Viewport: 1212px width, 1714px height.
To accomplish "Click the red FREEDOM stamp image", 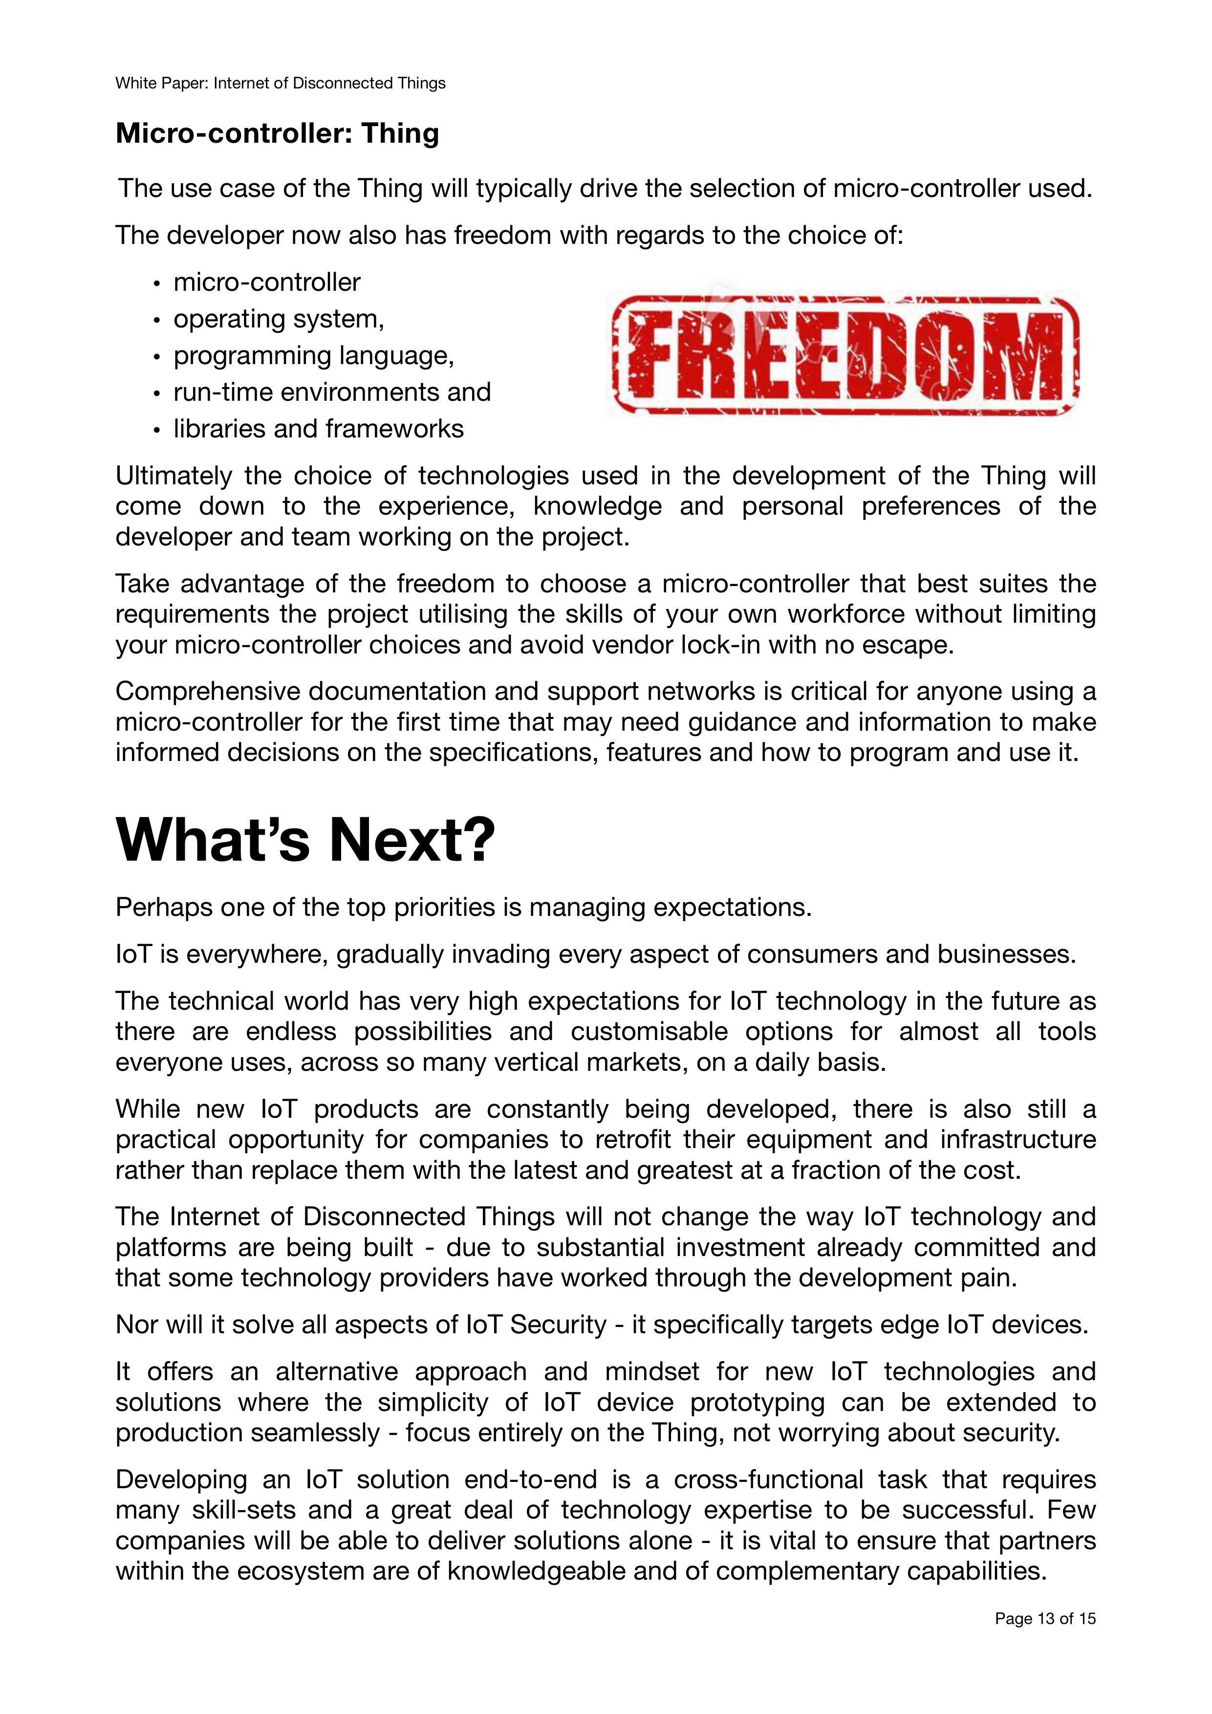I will tap(845, 355).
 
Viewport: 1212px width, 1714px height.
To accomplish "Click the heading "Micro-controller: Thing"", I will tap(277, 133).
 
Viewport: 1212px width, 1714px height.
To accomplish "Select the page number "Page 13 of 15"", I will tap(1045, 1639).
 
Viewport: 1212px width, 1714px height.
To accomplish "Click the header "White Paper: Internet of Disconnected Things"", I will tap(280, 83).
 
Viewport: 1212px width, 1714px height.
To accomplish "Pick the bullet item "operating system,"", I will tap(279, 319).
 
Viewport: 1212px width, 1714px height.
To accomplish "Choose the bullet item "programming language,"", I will tap(313, 355).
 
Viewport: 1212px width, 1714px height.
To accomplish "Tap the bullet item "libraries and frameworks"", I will tap(319, 429).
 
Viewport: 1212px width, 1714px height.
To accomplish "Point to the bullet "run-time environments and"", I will tap(332, 392).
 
